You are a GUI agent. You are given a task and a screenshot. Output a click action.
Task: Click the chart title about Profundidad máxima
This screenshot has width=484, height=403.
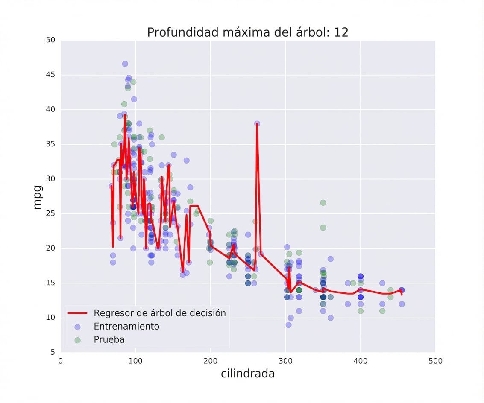(247, 32)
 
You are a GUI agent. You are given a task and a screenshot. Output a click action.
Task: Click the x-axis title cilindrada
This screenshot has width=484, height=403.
(247, 374)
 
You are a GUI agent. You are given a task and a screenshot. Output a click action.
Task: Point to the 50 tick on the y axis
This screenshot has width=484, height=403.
(50, 40)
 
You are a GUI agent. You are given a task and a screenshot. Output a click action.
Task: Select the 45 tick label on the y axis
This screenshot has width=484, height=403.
(50, 75)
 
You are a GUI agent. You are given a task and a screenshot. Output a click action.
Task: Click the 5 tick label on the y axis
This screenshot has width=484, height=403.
(53, 352)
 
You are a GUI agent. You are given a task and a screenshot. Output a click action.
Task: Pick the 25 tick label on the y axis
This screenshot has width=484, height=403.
(50, 213)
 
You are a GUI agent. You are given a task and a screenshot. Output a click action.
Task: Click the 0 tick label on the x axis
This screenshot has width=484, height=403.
(61, 361)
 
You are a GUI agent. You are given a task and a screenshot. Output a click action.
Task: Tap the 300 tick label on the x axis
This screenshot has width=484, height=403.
(285, 361)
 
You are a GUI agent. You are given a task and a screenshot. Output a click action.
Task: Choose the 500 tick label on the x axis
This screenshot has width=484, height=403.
(435, 361)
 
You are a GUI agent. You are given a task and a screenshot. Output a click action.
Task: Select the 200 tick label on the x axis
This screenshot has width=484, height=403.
(210, 361)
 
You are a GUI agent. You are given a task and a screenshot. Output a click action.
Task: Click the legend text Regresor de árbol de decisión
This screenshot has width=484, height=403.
(159, 313)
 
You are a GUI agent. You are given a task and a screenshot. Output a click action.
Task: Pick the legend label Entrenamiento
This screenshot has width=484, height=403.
(126, 327)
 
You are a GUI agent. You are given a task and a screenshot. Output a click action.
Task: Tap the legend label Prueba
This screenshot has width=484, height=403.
(109, 340)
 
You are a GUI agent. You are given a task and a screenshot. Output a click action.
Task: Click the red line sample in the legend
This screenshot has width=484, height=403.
(77, 313)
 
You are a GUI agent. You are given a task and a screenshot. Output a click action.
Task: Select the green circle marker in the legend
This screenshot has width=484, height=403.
(77, 340)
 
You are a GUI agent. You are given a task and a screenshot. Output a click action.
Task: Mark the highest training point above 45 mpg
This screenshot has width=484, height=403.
(125, 64)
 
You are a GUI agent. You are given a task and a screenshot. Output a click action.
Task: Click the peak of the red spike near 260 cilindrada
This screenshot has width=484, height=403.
(257, 124)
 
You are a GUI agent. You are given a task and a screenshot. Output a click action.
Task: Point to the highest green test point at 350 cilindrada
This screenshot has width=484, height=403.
(323, 202)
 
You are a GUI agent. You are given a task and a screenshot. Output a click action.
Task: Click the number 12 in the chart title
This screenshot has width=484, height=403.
(341, 32)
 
